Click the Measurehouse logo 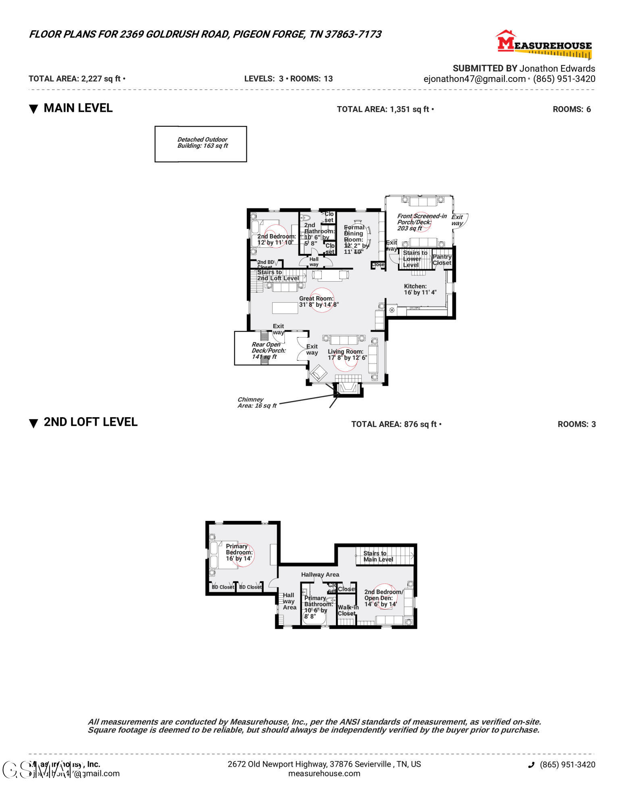pos(544,44)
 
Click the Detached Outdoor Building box pos(201,144)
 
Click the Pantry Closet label pos(442,259)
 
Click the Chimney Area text pos(257,402)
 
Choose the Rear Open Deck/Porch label pos(269,350)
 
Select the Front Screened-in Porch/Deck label pos(421,222)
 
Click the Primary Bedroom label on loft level pos(239,552)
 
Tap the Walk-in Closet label pos(348,610)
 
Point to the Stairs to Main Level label pos(378,556)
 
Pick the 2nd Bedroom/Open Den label pos(383,598)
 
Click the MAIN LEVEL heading pos(78,108)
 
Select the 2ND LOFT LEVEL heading pos(90,422)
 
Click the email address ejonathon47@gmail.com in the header pos(474,79)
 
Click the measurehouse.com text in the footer pos(324,774)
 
